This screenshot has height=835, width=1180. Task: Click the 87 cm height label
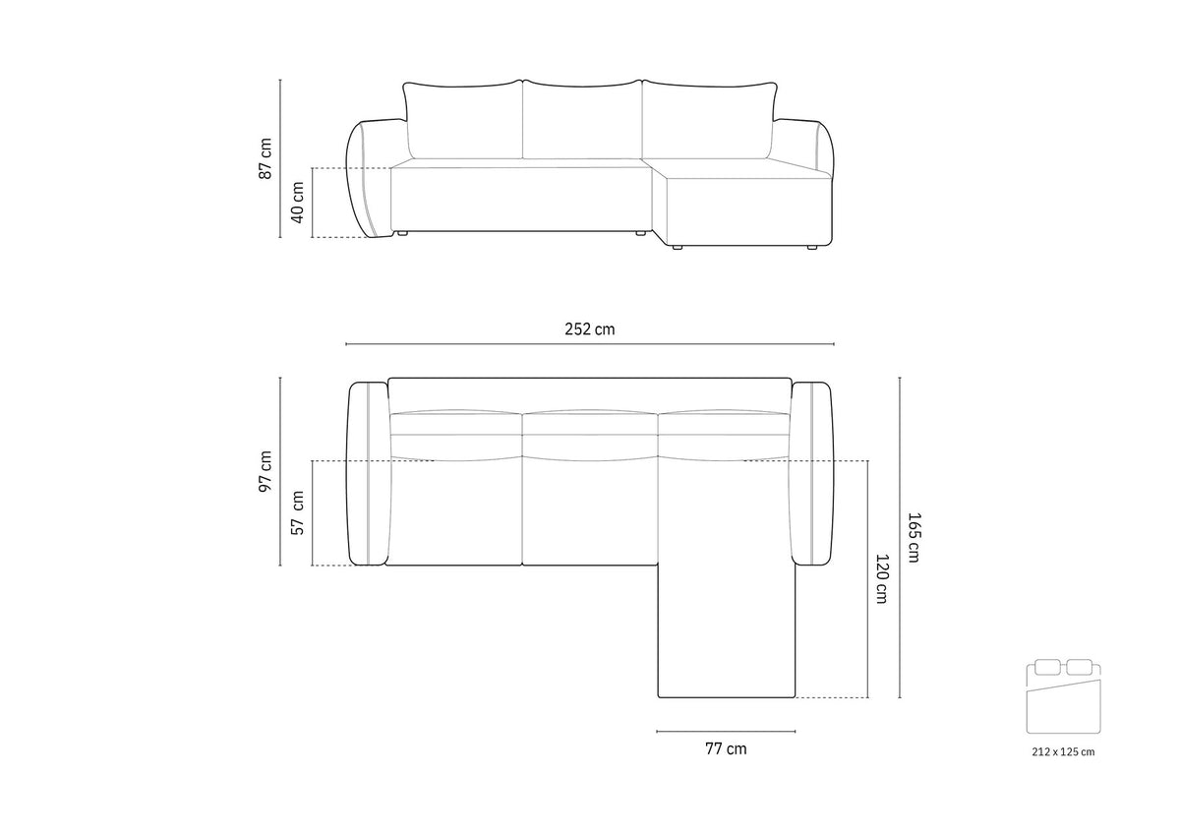(265, 158)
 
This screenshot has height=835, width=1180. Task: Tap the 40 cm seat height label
(297, 203)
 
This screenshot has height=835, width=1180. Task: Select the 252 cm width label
(589, 329)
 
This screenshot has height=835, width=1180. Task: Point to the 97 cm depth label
(265, 471)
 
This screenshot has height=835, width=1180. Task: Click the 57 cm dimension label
(298, 512)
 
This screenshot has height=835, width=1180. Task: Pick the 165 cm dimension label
(913, 537)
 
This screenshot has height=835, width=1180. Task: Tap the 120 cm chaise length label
(881, 578)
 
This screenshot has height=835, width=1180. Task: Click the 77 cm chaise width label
(726, 748)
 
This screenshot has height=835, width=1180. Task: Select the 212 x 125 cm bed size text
(1063, 751)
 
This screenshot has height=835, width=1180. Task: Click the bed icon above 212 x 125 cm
(1064, 695)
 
